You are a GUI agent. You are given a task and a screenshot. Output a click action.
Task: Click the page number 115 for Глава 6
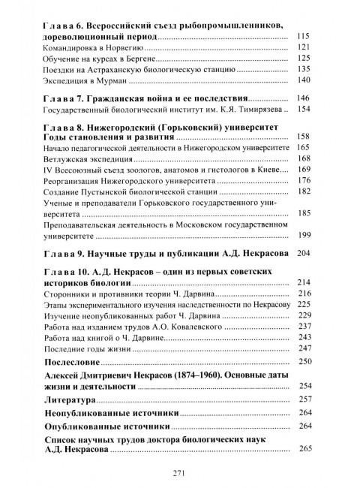pos(303,38)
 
